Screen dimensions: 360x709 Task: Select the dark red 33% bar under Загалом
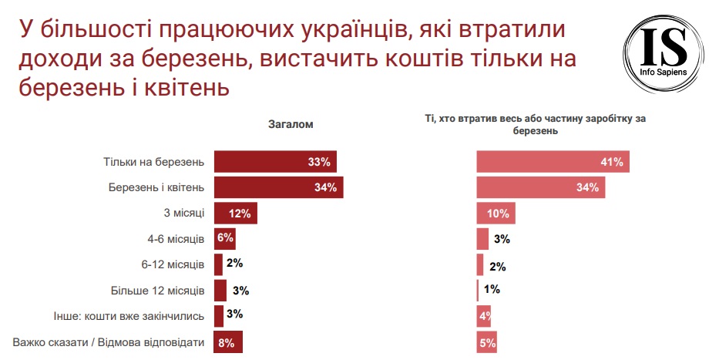click(x=274, y=162)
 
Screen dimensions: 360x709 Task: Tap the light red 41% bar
click(x=553, y=162)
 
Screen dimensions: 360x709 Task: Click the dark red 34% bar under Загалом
click(x=278, y=187)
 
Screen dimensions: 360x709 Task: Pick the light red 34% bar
click(x=541, y=187)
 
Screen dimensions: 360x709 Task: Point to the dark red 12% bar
click(x=235, y=214)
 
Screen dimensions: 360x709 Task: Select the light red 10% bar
click(x=496, y=214)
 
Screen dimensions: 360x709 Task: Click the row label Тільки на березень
click(x=153, y=162)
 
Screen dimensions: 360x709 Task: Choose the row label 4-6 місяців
click(x=174, y=239)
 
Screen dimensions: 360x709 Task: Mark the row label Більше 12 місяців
click(x=158, y=291)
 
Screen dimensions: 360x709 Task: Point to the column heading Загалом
click(x=291, y=124)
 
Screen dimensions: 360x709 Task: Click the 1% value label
click(x=492, y=290)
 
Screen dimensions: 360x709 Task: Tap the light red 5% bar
click(x=486, y=343)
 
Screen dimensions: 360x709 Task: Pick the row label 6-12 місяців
click(x=172, y=264)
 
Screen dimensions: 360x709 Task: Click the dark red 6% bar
click(x=224, y=239)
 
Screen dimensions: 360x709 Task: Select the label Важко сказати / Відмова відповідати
click(x=109, y=343)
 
